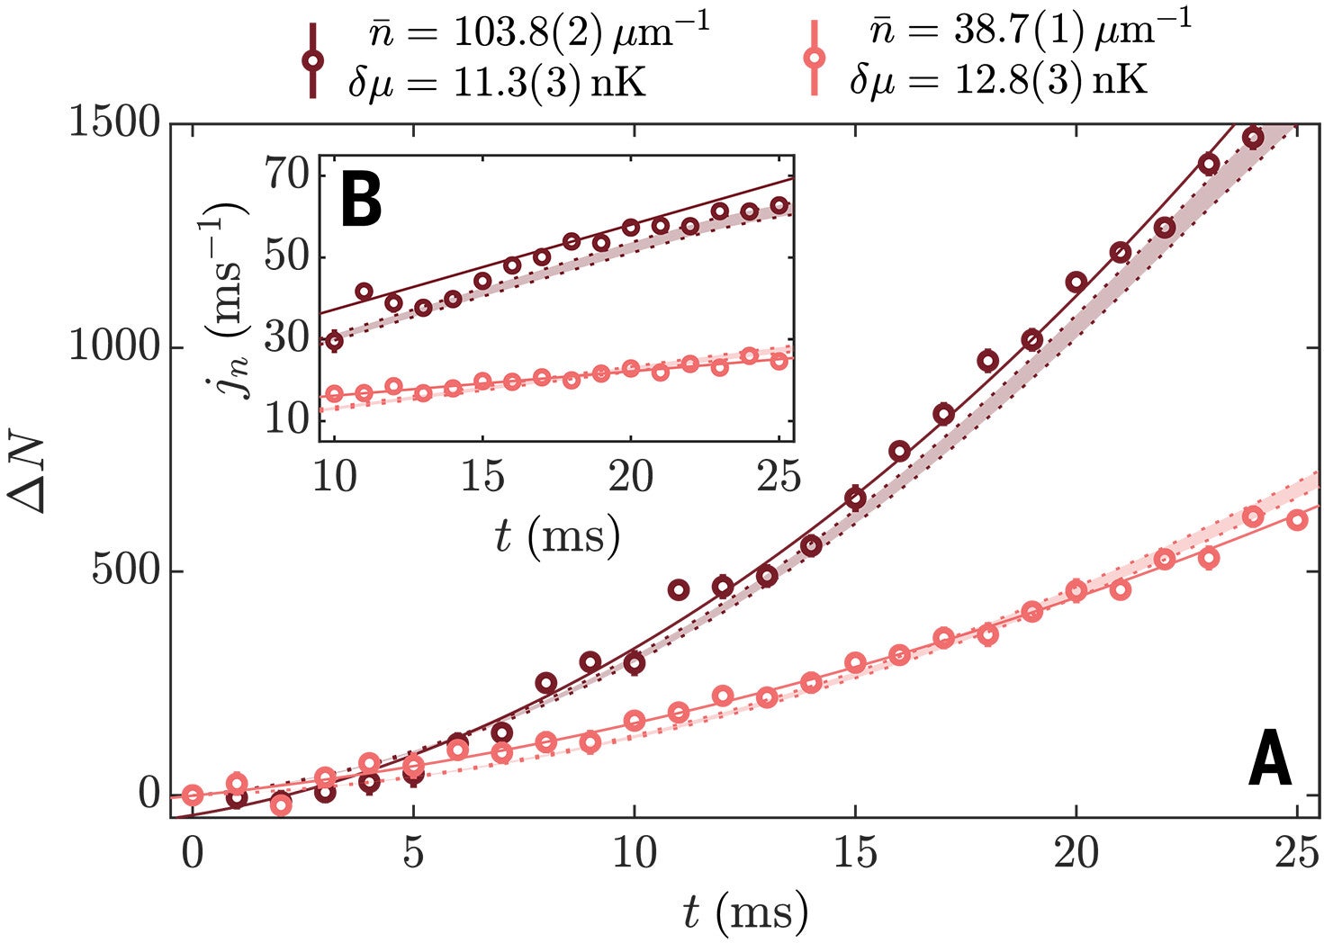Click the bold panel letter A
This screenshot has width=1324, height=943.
(1269, 759)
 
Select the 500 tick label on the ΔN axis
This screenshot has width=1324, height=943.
(126, 570)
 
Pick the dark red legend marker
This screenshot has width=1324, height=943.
(312, 59)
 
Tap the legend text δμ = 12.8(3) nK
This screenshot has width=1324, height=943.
(999, 81)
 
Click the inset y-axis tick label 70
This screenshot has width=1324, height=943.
(287, 174)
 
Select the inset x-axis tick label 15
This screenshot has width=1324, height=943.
(482, 475)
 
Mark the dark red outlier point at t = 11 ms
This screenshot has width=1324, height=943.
(678, 589)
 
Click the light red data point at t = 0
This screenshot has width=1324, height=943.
(192, 795)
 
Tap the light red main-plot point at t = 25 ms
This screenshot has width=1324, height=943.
(1296, 519)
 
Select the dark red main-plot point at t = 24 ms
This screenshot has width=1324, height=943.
(1253, 138)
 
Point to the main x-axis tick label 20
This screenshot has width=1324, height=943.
(1076, 851)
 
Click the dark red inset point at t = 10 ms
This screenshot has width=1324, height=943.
(334, 340)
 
